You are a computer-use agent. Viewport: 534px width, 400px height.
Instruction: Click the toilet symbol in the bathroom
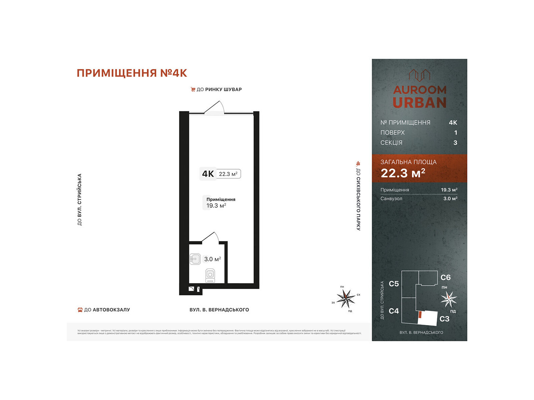click(210, 276)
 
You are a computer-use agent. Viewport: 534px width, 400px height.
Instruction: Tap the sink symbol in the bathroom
click(195, 259)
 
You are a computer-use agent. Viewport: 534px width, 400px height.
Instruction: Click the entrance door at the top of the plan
click(214, 109)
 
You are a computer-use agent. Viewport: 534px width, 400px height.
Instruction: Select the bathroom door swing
click(211, 237)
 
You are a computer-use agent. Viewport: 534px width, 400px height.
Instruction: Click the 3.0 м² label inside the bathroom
click(213, 259)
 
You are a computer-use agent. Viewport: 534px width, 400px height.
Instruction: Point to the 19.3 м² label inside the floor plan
click(216, 206)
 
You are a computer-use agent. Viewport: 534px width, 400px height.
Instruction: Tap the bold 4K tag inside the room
click(208, 174)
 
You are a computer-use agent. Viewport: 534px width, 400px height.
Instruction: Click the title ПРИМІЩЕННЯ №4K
click(132, 73)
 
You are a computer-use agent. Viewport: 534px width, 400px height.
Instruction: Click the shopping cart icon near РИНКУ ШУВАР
click(193, 89)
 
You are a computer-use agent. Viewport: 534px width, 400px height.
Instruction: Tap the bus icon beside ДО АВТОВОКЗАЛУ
click(80, 310)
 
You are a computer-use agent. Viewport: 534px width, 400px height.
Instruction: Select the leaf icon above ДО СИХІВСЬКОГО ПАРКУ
click(358, 164)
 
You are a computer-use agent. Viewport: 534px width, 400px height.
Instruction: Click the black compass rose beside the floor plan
click(346, 298)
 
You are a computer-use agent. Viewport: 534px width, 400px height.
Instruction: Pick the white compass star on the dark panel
click(448, 299)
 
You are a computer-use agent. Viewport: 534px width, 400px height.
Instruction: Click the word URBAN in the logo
click(420, 103)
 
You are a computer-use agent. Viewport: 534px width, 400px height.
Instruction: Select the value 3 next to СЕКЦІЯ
click(455, 143)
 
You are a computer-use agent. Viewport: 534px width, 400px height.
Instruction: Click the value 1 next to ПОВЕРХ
click(456, 133)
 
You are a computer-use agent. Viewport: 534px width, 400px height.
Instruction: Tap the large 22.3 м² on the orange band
click(403, 173)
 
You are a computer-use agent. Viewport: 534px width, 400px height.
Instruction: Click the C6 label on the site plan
click(446, 277)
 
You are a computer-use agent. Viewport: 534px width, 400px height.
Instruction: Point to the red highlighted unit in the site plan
click(421, 314)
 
